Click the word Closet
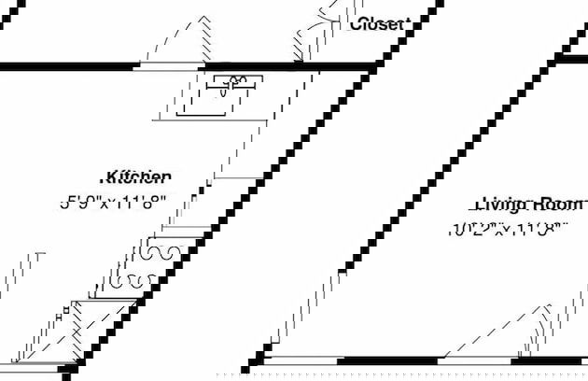tap(378, 24)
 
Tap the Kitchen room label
tap(139, 176)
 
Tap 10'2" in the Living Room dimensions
tap(469, 229)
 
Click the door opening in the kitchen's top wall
tap(170, 66)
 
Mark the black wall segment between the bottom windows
tap(390, 360)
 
